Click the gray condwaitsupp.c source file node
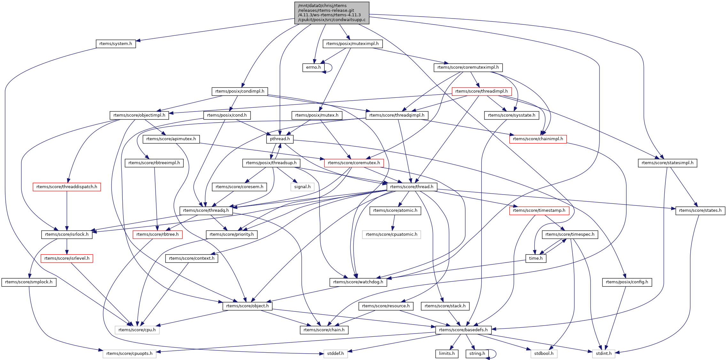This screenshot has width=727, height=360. point(332,13)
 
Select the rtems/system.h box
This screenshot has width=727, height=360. point(116,44)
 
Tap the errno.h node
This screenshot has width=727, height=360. point(313,67)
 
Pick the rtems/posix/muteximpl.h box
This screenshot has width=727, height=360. point(352,44)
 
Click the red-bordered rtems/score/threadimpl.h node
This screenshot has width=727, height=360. point(482,91)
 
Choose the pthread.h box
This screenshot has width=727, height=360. point(280,139)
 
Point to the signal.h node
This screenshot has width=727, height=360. point(302,187)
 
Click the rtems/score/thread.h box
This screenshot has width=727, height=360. point(412,187)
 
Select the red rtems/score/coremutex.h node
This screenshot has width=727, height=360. point(354,163)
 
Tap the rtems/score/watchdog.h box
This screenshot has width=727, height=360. point(358,282)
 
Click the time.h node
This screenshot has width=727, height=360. point(536,258)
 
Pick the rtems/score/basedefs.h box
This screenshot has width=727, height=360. point(463,330)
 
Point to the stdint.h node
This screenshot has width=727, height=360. point(604,354)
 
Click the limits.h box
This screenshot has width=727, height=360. point(447,354)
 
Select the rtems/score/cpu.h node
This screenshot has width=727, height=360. point(137,330)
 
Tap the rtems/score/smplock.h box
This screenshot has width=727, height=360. point(29,282)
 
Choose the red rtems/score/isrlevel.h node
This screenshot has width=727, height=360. point(67,258)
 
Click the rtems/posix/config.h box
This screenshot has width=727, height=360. point(627,282)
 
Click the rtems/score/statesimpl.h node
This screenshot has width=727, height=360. point(668,163)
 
